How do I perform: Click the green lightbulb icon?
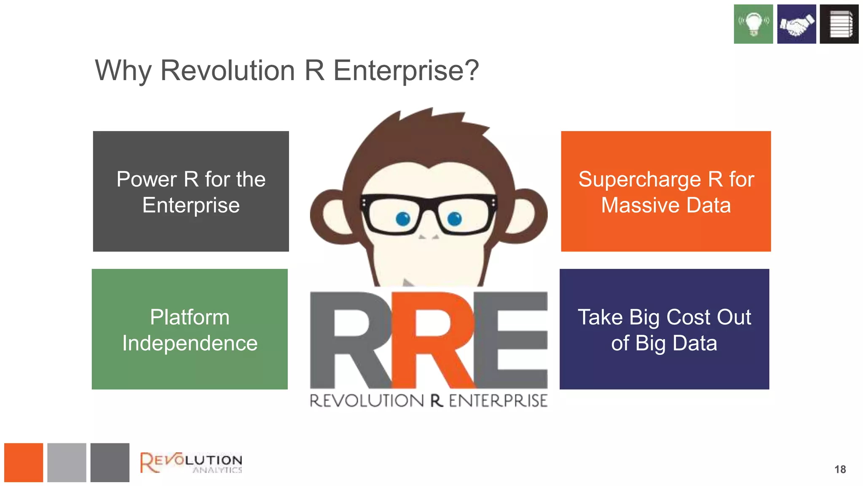pyautogui.click(x=753, y=24)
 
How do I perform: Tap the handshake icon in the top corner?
pyautogui.click(x=796, y=24)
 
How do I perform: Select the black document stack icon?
pyautogui.click(x=839, y=24)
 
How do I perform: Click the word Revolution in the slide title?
pyautogui.click(x=228, y=70)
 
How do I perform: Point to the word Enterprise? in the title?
pyautogui.click(x=406, y=70)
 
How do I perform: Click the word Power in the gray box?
pyautogui.click(x=146, y=179)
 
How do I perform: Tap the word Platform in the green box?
pyautogui.click(x=190, y=317)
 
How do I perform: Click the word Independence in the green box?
pyautogui.click(x=190, y=343)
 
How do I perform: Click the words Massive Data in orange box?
pyautogui.click(x=666, y=205)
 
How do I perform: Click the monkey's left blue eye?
pyautogui.click(x=403, y=219)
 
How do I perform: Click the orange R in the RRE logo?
pyautogui.click(x=434, y=340)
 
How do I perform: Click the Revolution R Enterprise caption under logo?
pyautogui.click(x=429, y=401)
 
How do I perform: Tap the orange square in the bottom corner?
pyautogui.click(x=24, y=462)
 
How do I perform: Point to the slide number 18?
pyautogui.click(x=840, y=470)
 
